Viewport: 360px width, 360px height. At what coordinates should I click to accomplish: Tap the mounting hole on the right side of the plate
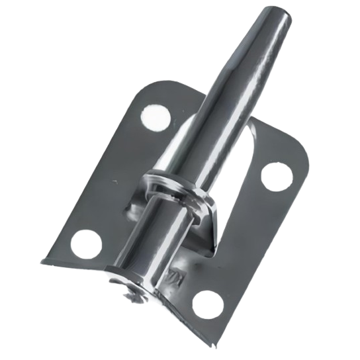[x=276, y=175]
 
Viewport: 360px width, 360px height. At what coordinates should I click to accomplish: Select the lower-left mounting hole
[x=85, y=243]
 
